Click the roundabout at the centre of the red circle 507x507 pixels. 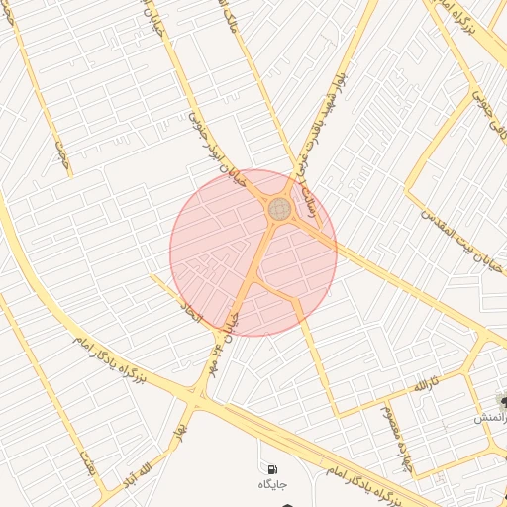279,209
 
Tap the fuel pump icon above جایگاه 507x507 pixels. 271,467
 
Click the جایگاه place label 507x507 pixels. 272,484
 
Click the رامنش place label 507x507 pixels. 492,419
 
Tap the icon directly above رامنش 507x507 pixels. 502,401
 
